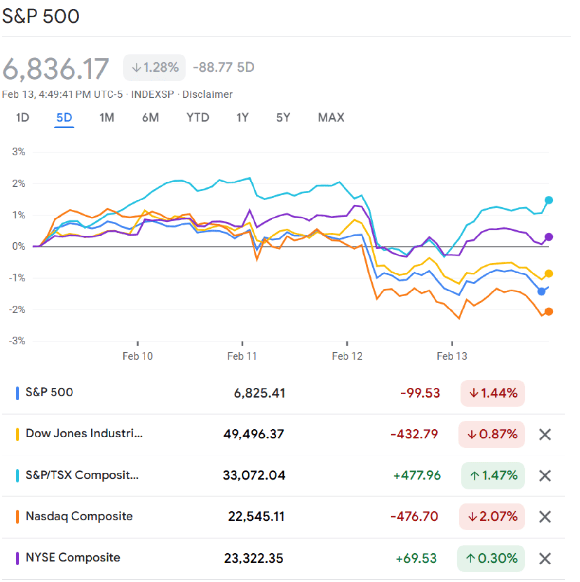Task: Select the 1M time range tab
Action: [107, 118]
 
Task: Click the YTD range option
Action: [198, 118]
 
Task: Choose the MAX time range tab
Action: [331, 118]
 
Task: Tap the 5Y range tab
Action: [283, 118]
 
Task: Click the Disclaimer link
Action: [207, 94]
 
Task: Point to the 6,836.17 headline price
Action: [55, 68]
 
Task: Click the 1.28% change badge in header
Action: [155, 67]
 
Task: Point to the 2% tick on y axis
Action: [18, 183]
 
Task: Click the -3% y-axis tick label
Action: [18, 341]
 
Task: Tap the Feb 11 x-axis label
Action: [242, 356]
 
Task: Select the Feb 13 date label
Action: [452, 356]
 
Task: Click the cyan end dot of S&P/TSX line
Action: [549, 200]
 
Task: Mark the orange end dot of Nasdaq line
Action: [549, 311]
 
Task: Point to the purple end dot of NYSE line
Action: [549, 237]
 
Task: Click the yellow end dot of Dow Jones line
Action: [549, 273]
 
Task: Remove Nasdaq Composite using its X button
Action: [545, 517]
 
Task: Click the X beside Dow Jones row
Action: [545, 435]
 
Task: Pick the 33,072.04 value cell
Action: [254, 475]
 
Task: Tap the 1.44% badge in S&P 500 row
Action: [492, 393]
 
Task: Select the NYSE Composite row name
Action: [73, 558]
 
